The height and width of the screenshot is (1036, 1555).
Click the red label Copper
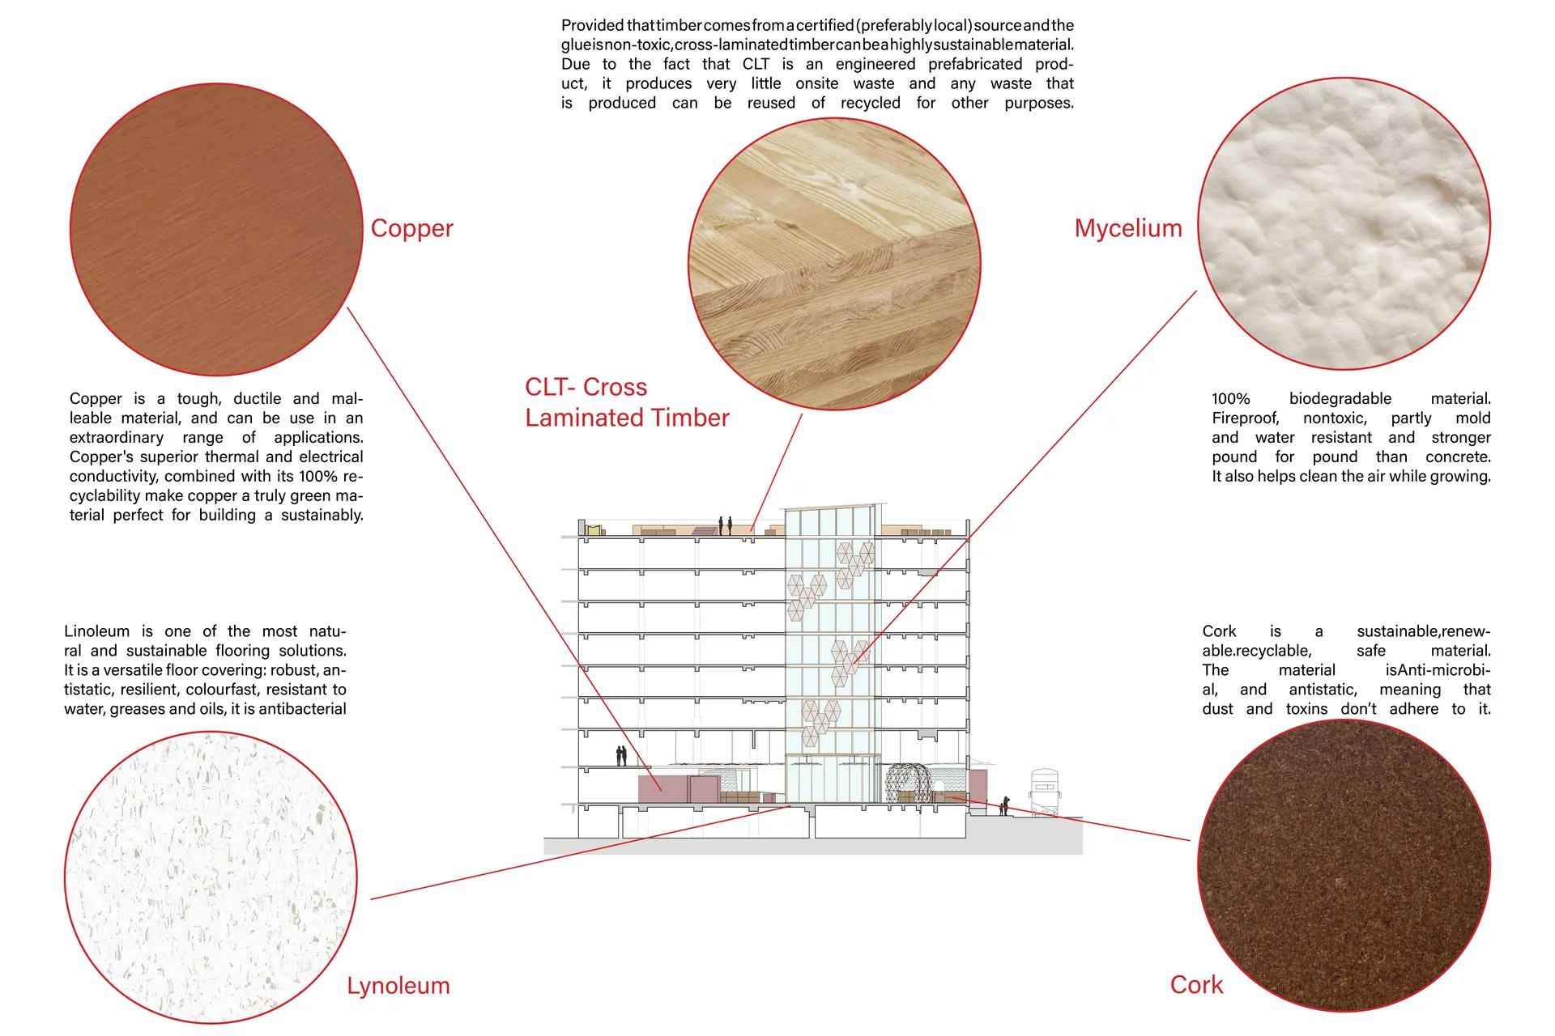click(x=411, y=229)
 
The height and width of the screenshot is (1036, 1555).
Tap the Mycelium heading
click(x=1128, y=229)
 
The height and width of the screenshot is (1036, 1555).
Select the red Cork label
click(x=1196, y=985)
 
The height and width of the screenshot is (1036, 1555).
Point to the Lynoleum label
click(x=398, y=987)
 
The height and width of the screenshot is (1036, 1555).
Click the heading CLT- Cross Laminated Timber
click(x=627, y=402)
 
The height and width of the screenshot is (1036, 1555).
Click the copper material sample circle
click(x=216, y=230)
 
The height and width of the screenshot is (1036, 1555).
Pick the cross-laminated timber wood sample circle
click(x=834, y=264)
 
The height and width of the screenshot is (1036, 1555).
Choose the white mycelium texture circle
click(x=1344, y=224)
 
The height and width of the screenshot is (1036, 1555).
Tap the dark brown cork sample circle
click(x=1344, y=865)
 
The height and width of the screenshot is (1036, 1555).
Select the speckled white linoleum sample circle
click(x=211, y=877)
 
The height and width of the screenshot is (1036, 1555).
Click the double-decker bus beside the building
click(x=1045, y=793)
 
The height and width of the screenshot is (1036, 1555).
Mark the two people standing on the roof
click(x=725, y=526)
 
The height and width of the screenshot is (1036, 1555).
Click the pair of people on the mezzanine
click(x=621, y=756)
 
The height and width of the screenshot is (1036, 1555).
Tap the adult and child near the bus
click(x=1004, y=806)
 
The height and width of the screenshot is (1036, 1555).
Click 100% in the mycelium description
click(x=1231, y=399)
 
